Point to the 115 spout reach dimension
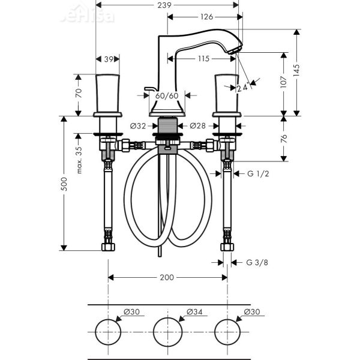point(202,59)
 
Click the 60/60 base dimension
point(167,95)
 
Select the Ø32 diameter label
point(138,126)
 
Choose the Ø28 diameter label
point(198,126)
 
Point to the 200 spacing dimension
point(167,277)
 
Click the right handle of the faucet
point(227,92)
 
